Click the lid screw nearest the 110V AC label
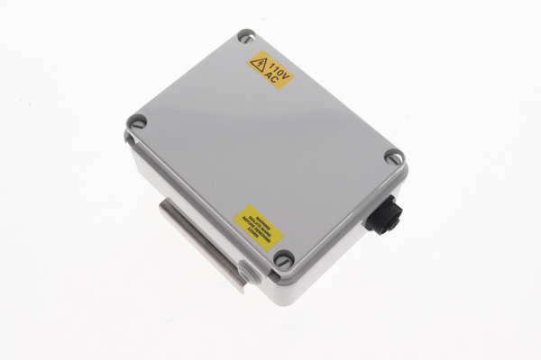coord(245,38)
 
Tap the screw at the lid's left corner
coord(137,121)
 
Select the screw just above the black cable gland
coord(393,157)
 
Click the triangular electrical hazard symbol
coord(259,65)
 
